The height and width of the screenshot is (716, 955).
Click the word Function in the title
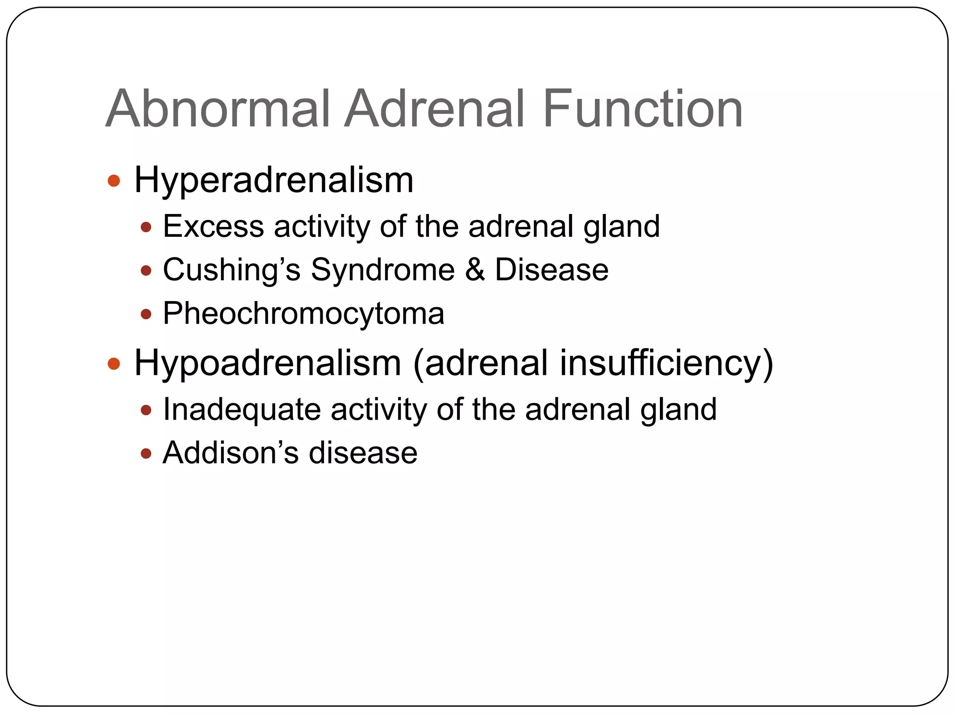643,109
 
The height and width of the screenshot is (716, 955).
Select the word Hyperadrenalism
274,180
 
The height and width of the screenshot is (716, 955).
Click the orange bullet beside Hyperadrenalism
114,181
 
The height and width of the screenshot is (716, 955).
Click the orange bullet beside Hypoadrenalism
114,364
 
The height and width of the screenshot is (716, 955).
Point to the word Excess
213,227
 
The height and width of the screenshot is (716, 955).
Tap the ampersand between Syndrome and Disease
475,270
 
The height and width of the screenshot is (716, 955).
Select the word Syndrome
382,270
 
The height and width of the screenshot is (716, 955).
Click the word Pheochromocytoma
303,314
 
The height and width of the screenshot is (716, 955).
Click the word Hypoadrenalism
268,364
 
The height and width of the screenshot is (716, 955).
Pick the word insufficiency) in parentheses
666,364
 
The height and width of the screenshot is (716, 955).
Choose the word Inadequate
242,410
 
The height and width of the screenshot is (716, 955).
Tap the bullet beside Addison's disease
146,454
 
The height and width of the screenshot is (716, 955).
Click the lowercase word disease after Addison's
363,453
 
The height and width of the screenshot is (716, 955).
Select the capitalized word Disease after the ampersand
552,270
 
